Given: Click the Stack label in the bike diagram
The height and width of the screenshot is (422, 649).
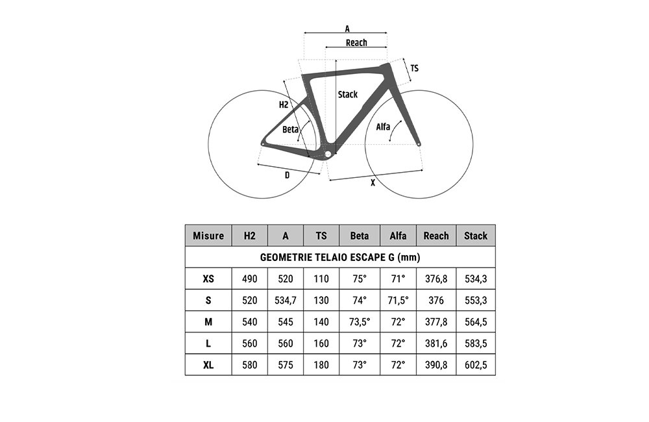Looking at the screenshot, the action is pos(348,94).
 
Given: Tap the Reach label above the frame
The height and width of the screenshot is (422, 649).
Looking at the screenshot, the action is pos(356,43).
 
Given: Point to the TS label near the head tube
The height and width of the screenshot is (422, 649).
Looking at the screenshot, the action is pos(414,68).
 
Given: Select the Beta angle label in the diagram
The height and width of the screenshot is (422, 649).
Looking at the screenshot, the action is pos(290,130).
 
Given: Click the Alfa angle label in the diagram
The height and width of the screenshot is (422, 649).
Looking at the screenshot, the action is pos(383,127).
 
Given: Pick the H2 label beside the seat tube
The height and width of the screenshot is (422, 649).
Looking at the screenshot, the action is pos(284,105).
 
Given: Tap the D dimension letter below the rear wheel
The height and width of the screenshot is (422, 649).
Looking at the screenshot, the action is pos(288,175).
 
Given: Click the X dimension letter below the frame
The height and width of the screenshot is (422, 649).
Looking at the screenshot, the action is pos(373,182).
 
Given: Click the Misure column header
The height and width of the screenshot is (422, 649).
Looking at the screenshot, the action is pos(208,236).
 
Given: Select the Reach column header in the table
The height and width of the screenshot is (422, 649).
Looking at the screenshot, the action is pos(436,236).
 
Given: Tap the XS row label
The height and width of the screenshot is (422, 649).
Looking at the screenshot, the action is pos(208,279).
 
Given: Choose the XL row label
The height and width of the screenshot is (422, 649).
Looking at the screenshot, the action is pos(208,365).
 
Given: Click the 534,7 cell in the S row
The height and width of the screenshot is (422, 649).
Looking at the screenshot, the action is pos(286,300).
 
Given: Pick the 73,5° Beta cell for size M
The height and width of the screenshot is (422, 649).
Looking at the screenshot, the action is pos(360,322).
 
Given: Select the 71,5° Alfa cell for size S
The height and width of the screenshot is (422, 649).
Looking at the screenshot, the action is pos(398,300).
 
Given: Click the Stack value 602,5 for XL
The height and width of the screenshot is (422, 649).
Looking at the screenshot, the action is pos(476,365).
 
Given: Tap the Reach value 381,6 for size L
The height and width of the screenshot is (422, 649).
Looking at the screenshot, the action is pos(436,343).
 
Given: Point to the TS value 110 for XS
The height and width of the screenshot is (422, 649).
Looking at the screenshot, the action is pos(321,279).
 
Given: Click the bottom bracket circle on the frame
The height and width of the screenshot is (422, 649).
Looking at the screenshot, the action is pos(328,155).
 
